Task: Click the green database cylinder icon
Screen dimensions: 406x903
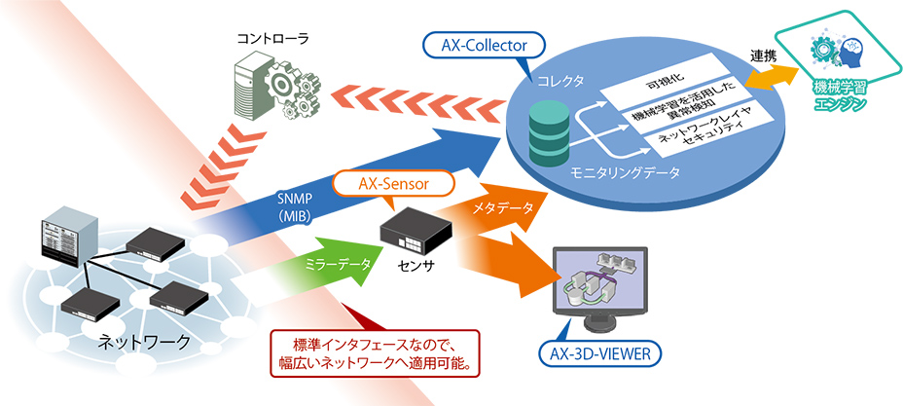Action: pyautogui.click(x=551, y=129)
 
